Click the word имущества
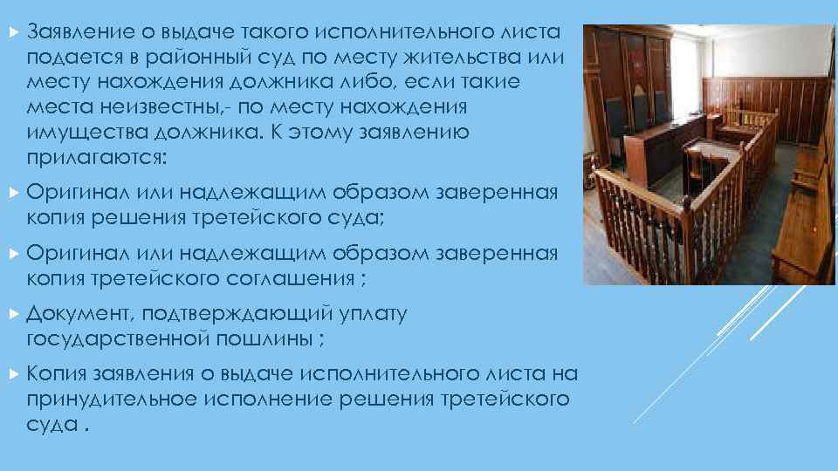[78, 133]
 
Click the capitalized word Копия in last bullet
[54, 373]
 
